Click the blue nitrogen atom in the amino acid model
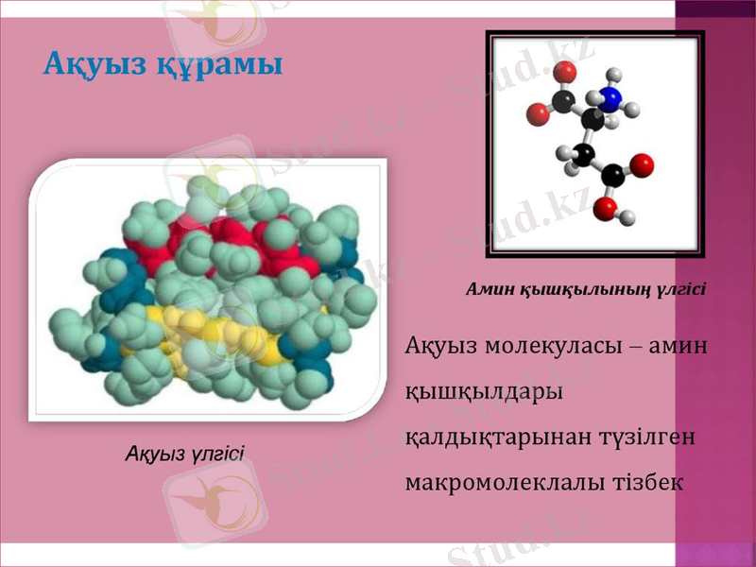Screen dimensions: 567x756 (610, 98)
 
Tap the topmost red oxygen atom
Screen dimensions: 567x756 (565, 72)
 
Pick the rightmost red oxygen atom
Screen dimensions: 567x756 (642, 166)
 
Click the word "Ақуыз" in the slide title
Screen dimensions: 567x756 (94, 65)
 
